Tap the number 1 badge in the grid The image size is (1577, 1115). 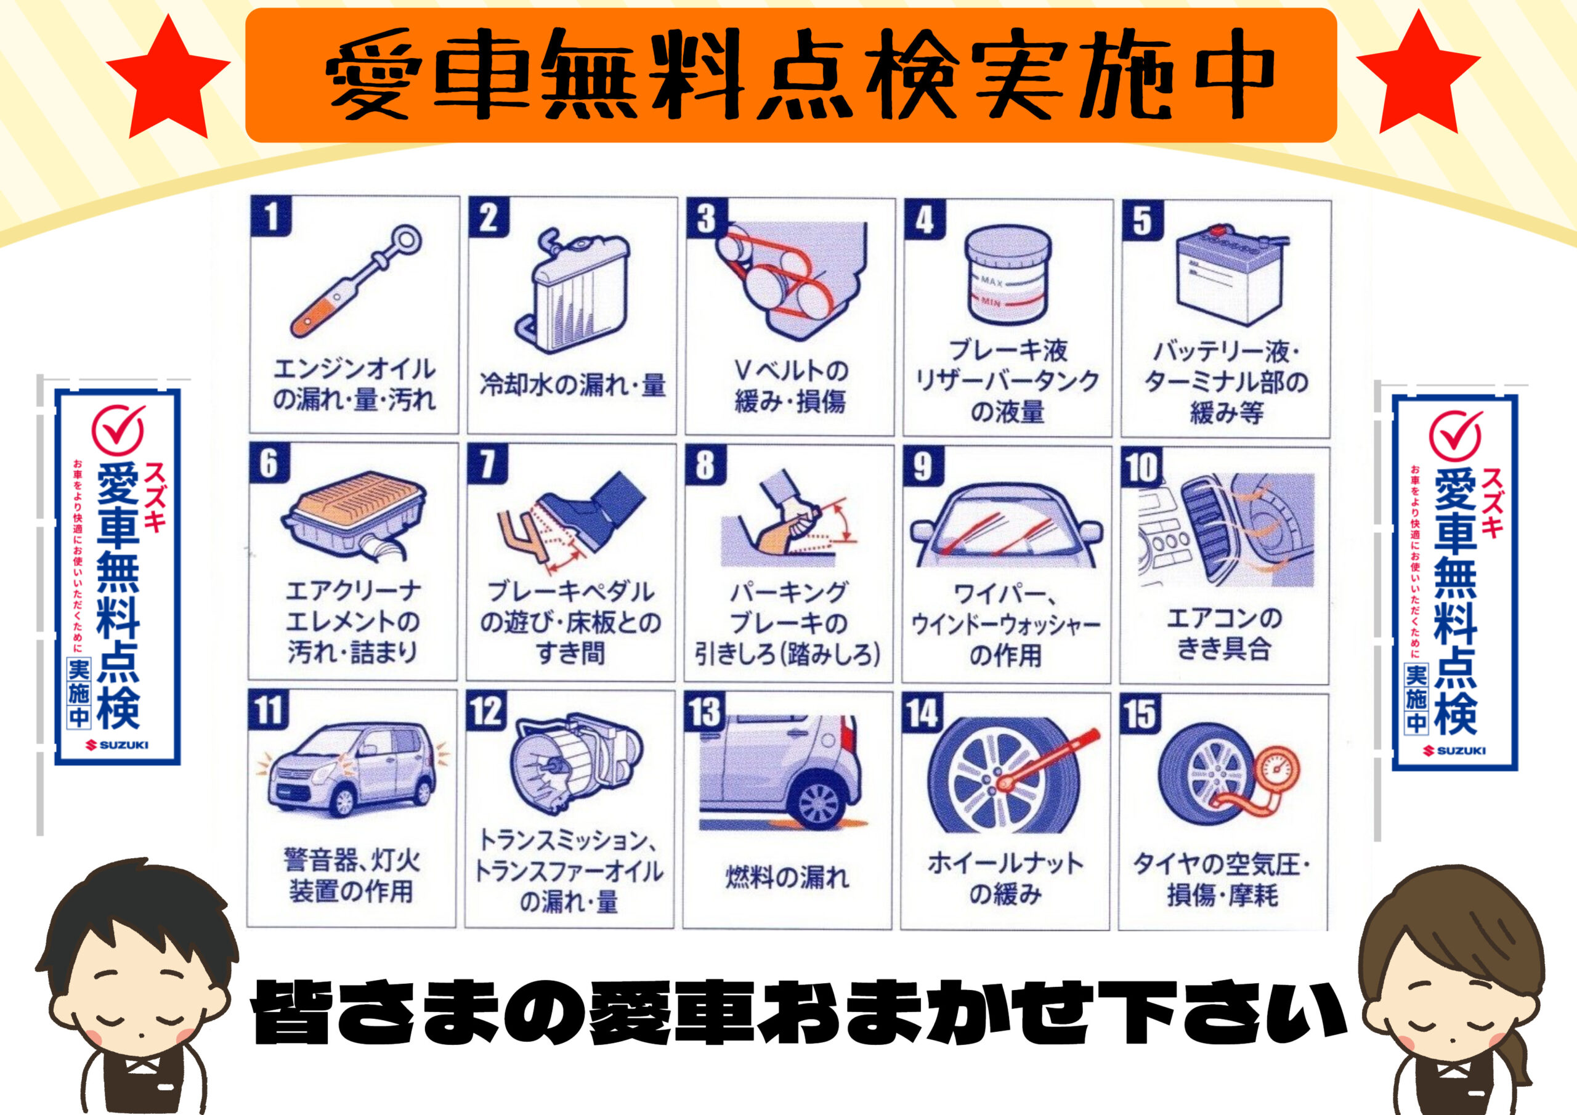(271, 216)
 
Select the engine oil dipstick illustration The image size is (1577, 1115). (356, 282)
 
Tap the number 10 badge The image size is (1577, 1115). (1141, 467)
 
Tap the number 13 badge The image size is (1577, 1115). (705, 712)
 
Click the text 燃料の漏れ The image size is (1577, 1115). (787, 877)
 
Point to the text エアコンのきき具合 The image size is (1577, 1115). (1224, 633)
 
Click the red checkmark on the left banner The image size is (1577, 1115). (119, 429)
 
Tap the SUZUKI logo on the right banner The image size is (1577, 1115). (1454, 750)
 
